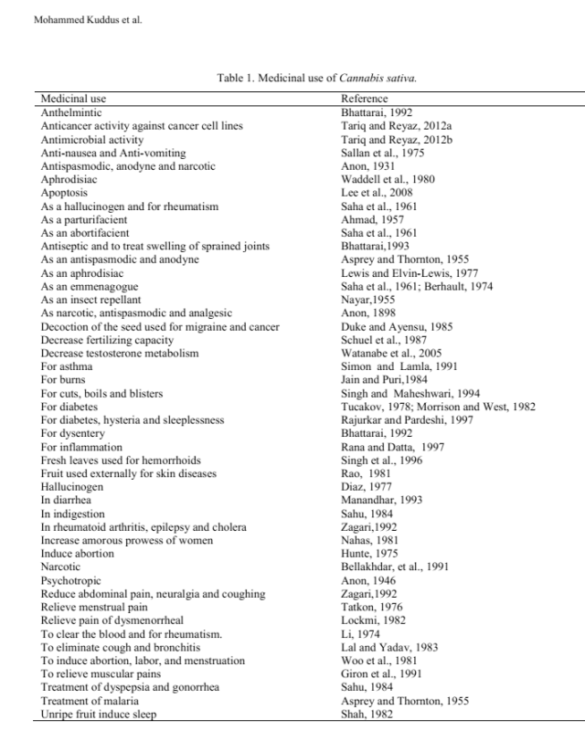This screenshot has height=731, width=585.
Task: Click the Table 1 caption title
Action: click(316, 79)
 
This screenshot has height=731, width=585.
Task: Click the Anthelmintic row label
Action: click(71, 112)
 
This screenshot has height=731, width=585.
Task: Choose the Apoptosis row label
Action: click(64, 194)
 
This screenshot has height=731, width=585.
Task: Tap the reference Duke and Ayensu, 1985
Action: click(395, 326)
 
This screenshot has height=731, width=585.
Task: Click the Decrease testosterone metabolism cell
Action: click(120, 353)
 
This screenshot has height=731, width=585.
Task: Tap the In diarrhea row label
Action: click(67, 501)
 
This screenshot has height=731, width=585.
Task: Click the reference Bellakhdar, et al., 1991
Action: click(394, 567)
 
